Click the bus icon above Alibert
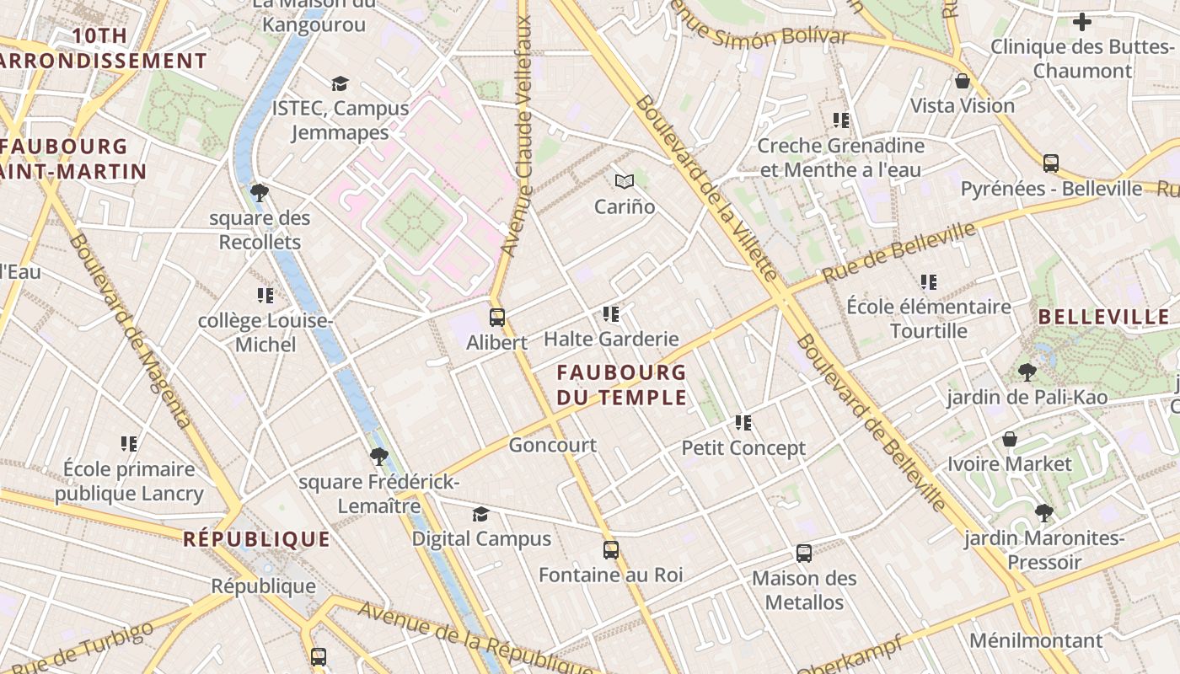(x=497, y=318)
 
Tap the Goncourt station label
(x=552, y=445)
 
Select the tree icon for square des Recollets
(x=260, y=193)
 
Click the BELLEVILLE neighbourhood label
(x=1104, y=318)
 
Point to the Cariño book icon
(x=624, y=181)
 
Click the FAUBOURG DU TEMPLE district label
(x=622, y=384)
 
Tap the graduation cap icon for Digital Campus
(x=480, y=514)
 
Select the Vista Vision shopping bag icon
(x=962, y=82)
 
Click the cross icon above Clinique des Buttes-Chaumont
(x=1082, y=22)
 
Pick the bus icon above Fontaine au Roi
(x=611, y=550)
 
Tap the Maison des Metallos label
(x=804, y=591)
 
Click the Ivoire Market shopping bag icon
(x=1009, y=439)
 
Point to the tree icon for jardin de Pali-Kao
(x=1027, y=372)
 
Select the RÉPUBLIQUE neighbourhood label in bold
(x=257, y=539)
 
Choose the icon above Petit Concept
(x=743, y=423)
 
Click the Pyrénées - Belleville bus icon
(x=1050, y=163)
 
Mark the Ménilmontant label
(x=1036, y=640)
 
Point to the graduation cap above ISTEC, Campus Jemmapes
(x=340, y=83)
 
